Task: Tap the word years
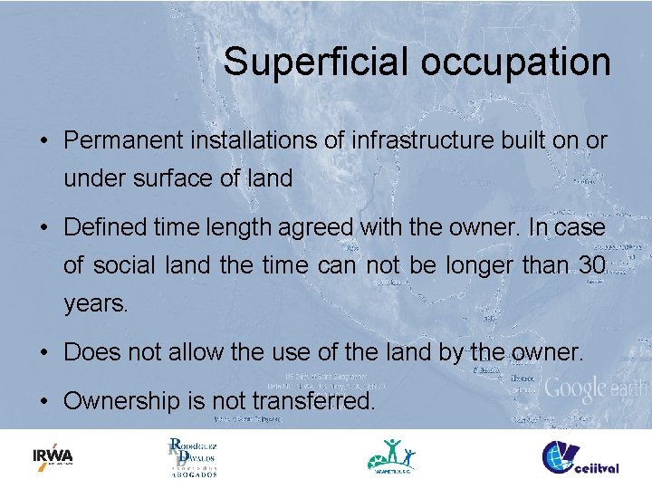point(96,304)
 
